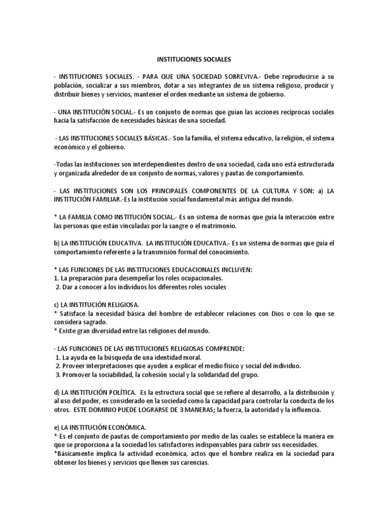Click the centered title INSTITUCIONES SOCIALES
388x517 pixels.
[x=194, y=59]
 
